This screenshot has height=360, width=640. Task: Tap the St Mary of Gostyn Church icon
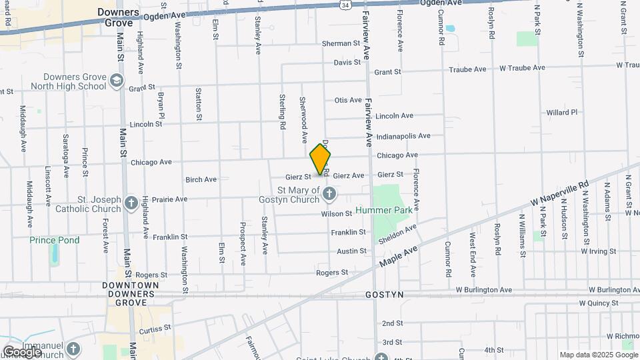(329, 194)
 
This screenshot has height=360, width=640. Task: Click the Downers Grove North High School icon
(117, 81)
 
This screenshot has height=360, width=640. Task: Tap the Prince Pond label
(55, 240)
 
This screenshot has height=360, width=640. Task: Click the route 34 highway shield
(344, 5)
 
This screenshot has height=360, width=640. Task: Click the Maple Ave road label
(398, 256)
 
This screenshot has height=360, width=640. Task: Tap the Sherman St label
(341, 43)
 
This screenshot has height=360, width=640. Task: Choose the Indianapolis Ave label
(403, 136)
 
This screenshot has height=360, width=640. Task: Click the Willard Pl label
(561, 113)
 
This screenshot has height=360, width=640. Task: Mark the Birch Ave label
(201, 179)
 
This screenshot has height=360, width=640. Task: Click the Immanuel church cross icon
(73, 348)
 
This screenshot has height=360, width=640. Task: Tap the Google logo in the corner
(22, 351)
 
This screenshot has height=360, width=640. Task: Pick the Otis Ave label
(347, 100)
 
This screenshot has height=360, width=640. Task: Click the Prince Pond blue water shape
(55, 254)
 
